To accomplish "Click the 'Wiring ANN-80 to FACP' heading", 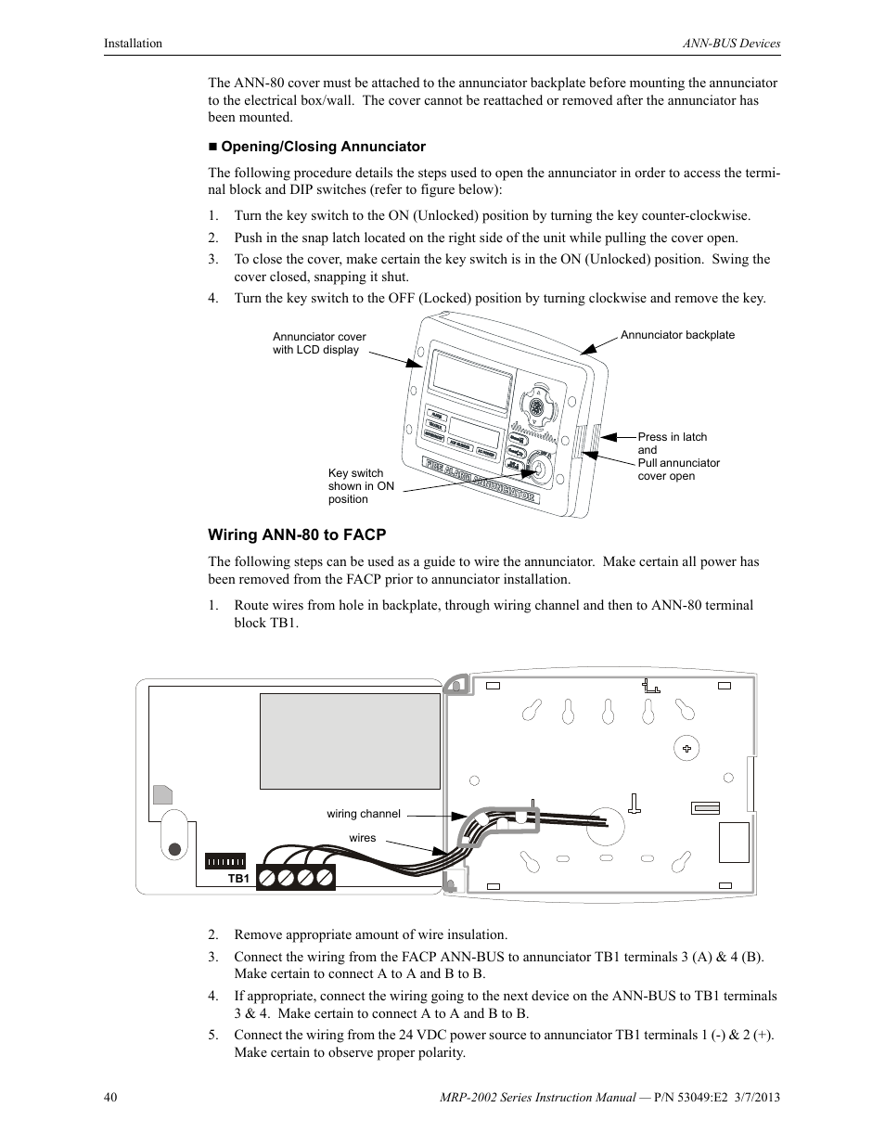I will point(296,534).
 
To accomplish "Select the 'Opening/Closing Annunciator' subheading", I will point(323,147).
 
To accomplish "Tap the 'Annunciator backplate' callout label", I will point(677,335).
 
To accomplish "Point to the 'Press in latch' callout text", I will point(672,437).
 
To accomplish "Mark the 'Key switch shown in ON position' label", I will point(361,486).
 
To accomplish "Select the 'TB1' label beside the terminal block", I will point(239,878).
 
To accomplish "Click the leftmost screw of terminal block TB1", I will point(267,877).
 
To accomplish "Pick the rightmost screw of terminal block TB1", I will point(324,877).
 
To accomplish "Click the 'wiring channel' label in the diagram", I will point(364,814).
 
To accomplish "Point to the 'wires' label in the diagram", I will point(363,838).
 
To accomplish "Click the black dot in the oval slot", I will point(174,847).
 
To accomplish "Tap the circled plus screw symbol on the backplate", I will point(686,748).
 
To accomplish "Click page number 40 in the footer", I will point(110,1098).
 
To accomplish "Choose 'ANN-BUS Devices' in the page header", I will point(731,44).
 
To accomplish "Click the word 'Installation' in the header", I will point(133,44).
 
